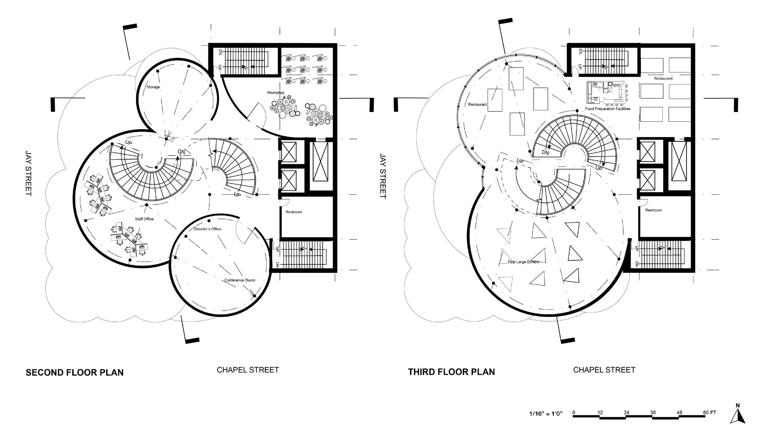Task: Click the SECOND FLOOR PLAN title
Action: coord(75,372)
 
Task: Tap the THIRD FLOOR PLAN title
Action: coord(451,372)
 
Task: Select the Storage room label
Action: coord(153,87)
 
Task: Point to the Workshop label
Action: coord(275,93)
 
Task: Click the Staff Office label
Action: coord(144,219)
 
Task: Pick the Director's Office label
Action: coord(208,229)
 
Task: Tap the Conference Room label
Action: coord(239,280)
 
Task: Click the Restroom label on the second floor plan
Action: coord(293,212)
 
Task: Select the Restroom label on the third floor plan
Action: coord(653,210)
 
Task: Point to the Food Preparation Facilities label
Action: coord(607,109)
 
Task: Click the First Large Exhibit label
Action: coord(523,262)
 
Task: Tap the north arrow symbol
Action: coord(737,415)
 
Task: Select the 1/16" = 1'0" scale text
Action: coord(546,414)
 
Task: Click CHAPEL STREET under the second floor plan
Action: coord(248,370)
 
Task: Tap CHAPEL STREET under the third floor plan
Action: coord(604,370)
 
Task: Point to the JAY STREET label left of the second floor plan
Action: coord(28,173)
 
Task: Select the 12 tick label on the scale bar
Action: coord(600,413)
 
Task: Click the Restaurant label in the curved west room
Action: coord(477,105)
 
